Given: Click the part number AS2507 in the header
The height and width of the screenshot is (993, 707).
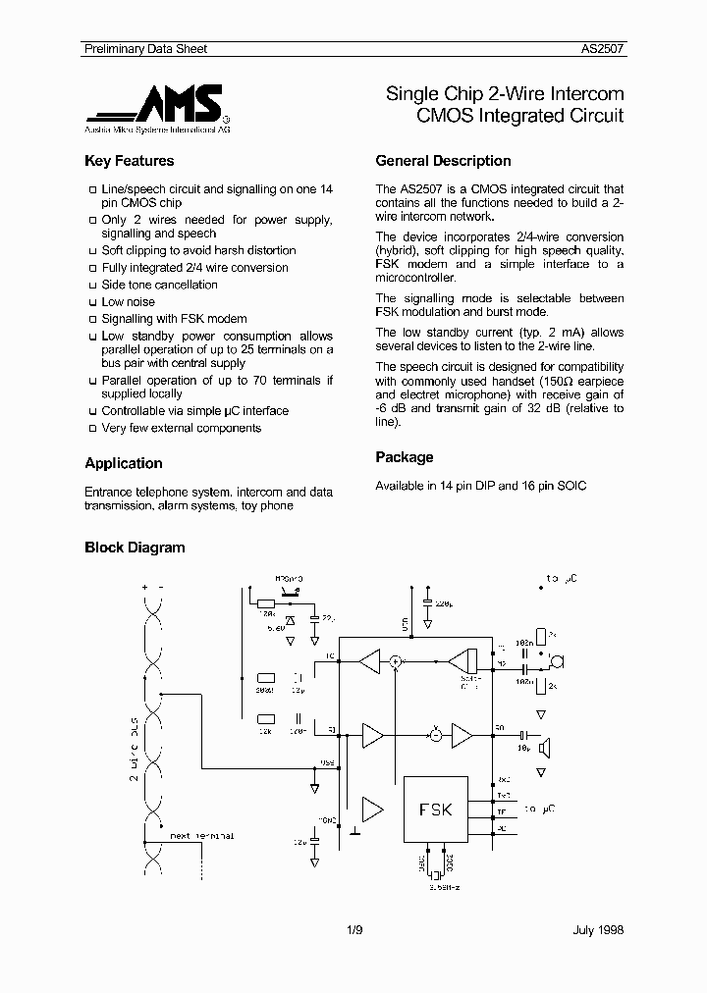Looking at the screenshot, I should pyautogui.click(x=603, y=48).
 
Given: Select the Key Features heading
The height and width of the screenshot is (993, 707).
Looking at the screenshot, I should pyautogui.click(x=129, y=161).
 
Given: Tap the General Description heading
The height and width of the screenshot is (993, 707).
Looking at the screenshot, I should pyautogui.click(x=443, y=161).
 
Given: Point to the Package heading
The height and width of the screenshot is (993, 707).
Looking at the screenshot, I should pyautogui.click(x=404, y=457).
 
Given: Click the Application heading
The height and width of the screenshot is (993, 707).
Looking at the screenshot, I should pyautogui.click(x=124, y=463).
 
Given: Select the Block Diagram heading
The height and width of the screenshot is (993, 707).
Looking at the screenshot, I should pyautogui.click(x=135, y=548).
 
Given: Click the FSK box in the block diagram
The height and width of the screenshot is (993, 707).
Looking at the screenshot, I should pyautogui.click(x=436, y=810).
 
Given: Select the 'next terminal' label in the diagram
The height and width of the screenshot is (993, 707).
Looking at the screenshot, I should pyautogui.click(x=202, y=836).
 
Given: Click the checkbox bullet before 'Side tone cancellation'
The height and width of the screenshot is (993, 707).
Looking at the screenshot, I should pyautogui.click(x=91, y=286).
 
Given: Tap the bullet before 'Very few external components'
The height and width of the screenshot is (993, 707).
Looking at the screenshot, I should pyautogui.click(x=91, y=429).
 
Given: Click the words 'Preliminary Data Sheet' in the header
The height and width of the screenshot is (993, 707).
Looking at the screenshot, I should pyautogui.click(x=144, y=48).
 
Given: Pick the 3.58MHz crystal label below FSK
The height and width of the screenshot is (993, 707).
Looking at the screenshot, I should pyautogui.click(x=444, y=886).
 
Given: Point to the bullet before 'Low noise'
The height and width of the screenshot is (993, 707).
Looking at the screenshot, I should pyautogui.click(x=91, y=303).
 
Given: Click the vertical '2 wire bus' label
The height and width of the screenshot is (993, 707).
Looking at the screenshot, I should pyautogui.click(x=135, y=751).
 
